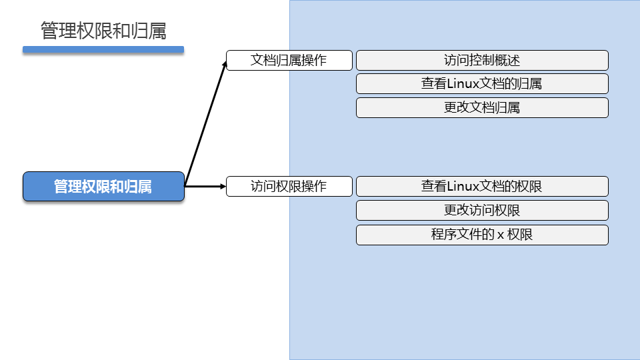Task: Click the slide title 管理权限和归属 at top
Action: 103,31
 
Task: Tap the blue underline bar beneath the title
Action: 103,49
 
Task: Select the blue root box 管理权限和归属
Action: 103,187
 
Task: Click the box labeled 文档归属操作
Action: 289,60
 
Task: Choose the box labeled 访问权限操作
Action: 289,186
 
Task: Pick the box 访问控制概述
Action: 482,60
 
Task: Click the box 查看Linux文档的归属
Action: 482,83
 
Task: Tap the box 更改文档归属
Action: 482,107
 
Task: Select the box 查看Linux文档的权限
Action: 482,186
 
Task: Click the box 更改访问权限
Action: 482,210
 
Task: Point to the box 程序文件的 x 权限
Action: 482,235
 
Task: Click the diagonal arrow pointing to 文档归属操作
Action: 205,124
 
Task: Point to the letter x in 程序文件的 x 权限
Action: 500,235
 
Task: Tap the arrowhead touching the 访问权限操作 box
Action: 223,186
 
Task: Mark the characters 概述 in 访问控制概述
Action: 507,60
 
